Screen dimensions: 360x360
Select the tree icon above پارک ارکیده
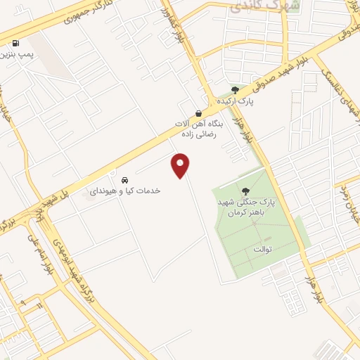(x=235, y=90)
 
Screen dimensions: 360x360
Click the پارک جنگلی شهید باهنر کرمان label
(x=245, y=207)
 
